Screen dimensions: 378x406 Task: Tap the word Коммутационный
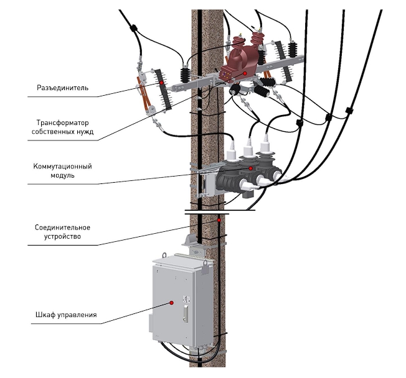click(x=62, y=167)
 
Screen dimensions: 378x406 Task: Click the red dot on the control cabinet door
click(x=170, y=303)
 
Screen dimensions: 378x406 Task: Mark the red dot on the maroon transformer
click(x=245, y=73)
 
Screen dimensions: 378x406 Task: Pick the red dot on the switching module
click(x=250, y=168)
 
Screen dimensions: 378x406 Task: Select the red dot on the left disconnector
click(x=161, y=81)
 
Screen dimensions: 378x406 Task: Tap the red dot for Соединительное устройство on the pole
click(x=219, y=220)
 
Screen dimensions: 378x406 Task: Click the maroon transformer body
click(x=239, y=59)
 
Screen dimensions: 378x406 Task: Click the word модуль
click(x=62, y=175)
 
